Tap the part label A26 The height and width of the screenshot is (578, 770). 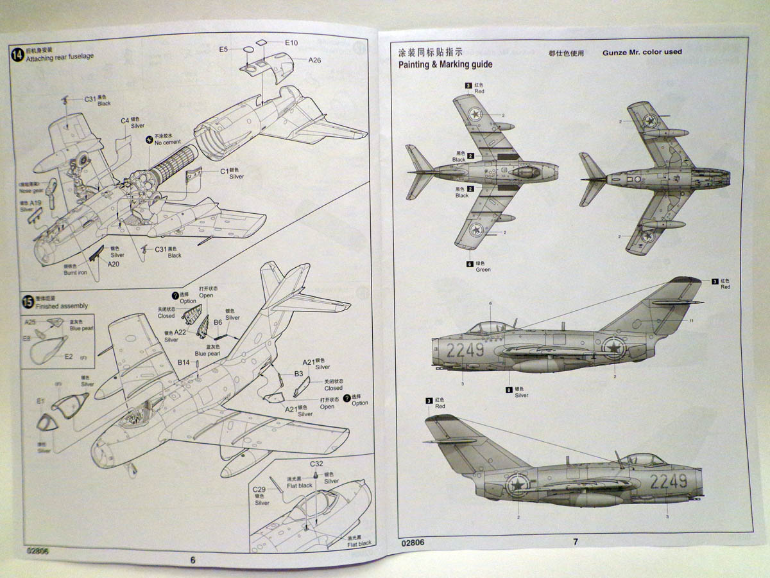click(314, 60)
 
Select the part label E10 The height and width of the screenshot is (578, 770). click(291, 43)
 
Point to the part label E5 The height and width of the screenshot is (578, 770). click(223, 49)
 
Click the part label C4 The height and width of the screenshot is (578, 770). click(124, 120)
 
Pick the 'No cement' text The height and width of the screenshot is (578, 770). click(167, 142)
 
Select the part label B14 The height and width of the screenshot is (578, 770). click(184, 363)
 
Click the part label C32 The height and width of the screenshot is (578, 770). click(316, 464)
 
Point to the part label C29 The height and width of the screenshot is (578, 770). click(259, 490)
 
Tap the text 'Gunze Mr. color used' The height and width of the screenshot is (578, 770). click(642, 52)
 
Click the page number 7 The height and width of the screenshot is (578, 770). click(575, 541)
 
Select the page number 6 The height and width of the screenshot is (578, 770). click(193, 559)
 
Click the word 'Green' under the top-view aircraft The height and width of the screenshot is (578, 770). click(483, 270)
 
